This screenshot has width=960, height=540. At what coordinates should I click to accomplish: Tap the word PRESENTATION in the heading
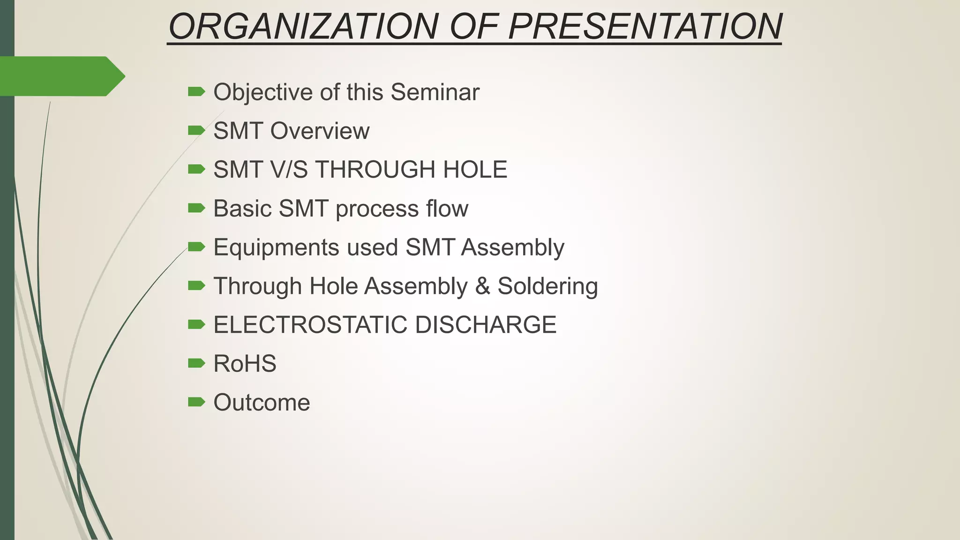645,26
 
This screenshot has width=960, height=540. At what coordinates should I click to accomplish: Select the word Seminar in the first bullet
435,92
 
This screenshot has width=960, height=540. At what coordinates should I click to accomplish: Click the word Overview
320,131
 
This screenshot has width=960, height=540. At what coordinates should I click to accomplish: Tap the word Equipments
276,247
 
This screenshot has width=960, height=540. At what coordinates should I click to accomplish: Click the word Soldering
547,286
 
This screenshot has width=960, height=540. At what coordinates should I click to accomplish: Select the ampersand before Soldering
482,286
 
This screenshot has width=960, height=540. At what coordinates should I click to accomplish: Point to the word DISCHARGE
486,325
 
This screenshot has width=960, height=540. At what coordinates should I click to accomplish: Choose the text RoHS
245,364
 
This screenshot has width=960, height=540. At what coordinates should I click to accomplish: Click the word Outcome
262,403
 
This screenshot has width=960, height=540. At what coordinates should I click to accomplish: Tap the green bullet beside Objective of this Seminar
196,91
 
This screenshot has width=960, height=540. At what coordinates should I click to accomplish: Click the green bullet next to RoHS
196,363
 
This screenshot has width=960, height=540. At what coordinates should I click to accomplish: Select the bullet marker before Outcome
196,402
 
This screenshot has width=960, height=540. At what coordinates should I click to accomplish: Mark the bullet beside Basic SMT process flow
196,208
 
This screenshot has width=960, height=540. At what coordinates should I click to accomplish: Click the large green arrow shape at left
61,76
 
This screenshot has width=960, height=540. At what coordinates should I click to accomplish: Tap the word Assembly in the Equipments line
512,247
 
